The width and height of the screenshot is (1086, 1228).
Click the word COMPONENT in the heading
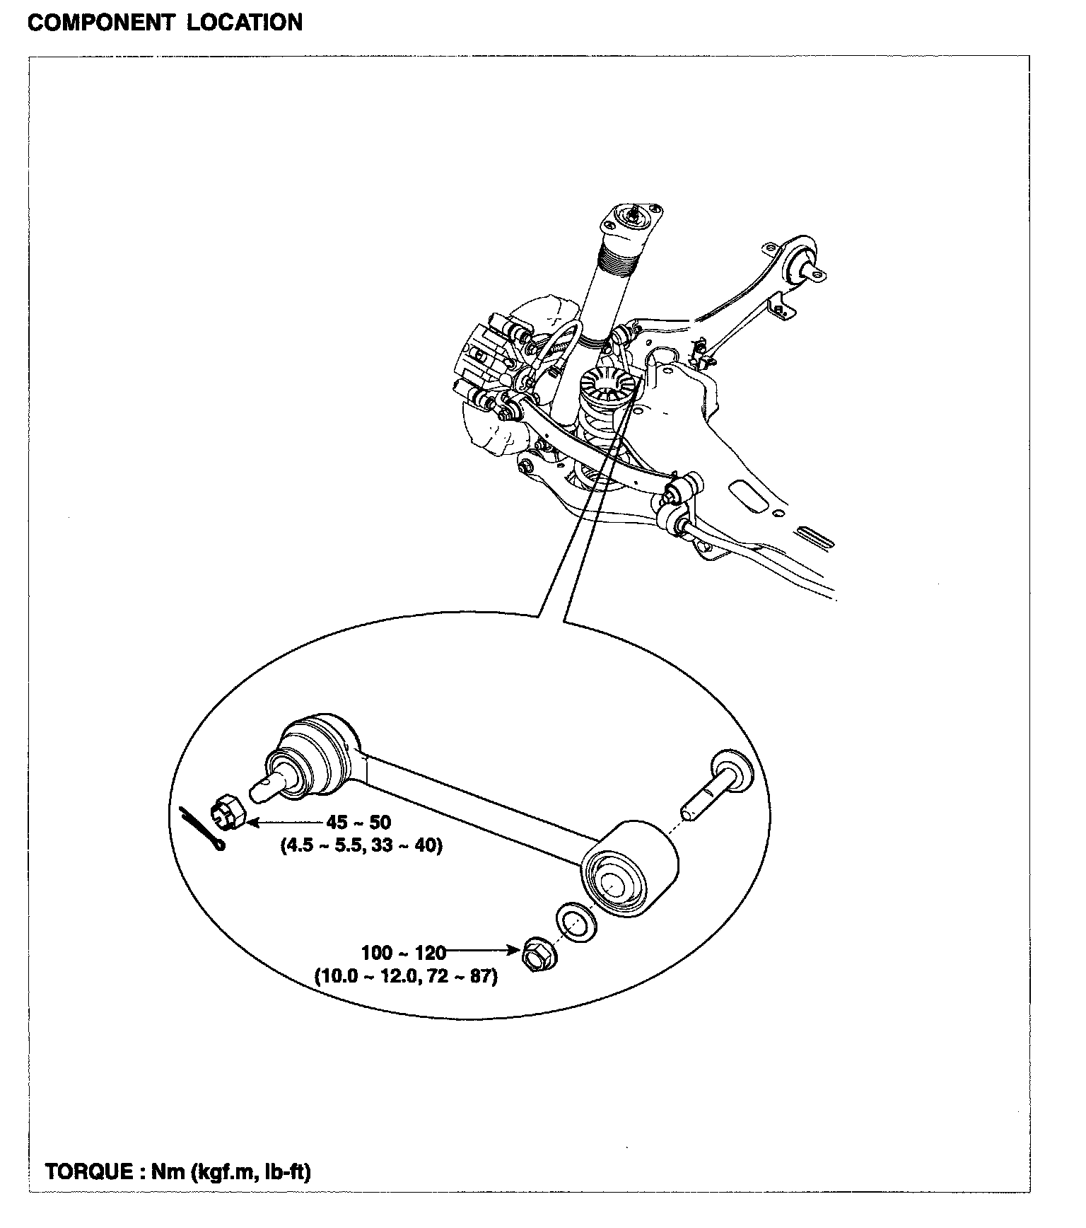100,23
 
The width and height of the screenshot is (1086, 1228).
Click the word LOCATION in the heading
245,23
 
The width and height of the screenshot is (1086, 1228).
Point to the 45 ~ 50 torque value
358,823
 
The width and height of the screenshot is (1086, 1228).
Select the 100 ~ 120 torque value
404,952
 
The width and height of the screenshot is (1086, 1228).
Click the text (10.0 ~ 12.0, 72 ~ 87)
406,977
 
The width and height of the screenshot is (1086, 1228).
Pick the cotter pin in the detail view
202,828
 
